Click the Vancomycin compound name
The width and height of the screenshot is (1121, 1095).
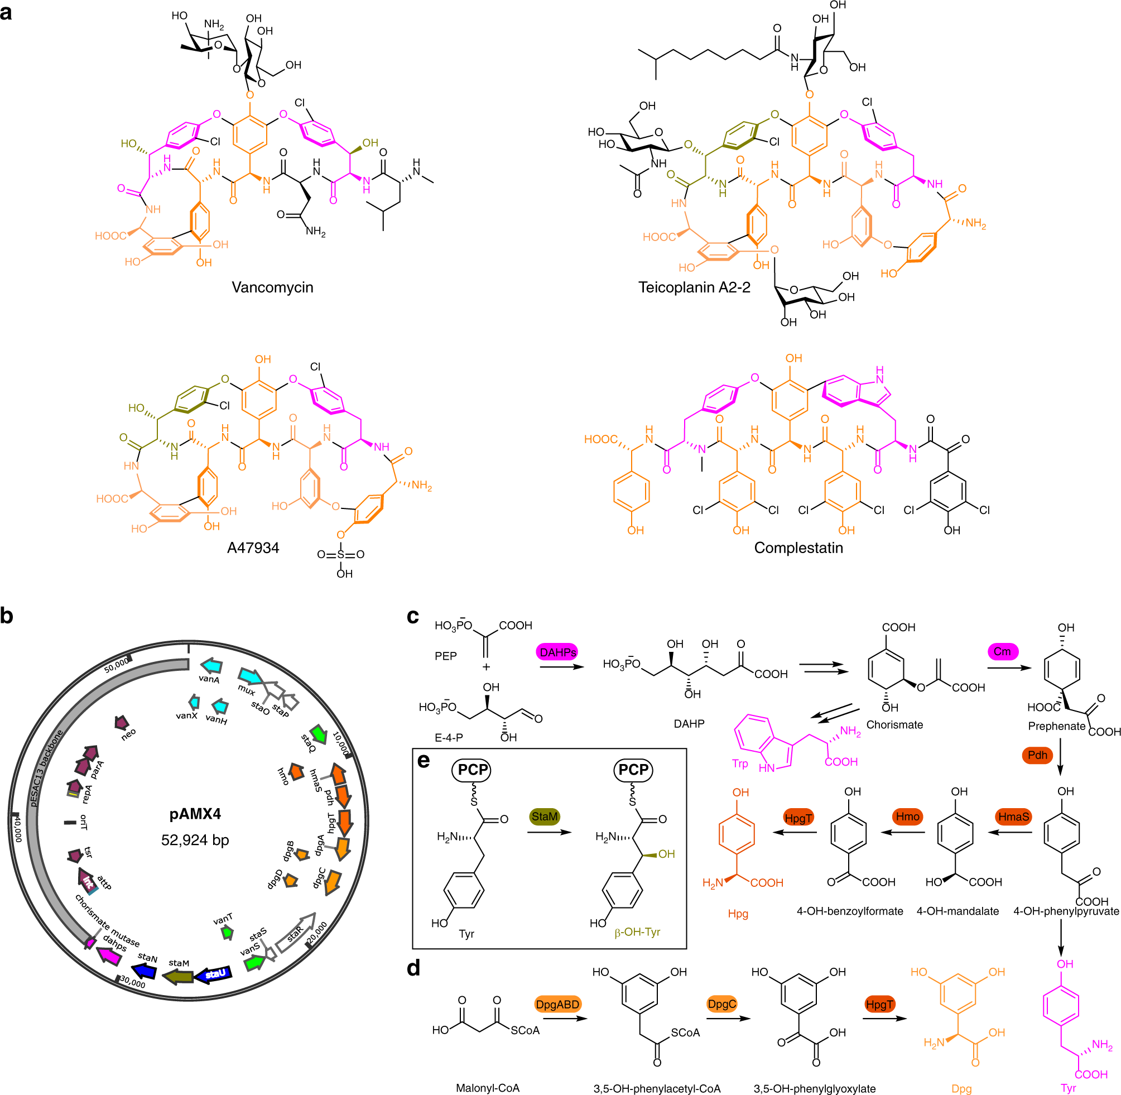pyautogui.click(x=272, y=287)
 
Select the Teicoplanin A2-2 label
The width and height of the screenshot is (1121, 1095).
pyautogui.click(x=694, y=287)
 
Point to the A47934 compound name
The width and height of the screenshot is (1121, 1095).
pyautogui.click(x=253, y=547)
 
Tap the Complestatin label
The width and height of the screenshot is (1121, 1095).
pyautogui.click(x=798, y=547)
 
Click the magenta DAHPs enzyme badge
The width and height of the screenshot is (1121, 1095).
pyautogui.click(x=557, y=652)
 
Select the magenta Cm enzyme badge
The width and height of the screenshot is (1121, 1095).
pyautogui.click(x=1002, y=652)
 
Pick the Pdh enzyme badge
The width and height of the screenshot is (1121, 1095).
pyautogui.click(x=1037, y=755)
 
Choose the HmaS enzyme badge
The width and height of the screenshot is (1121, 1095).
pyautogui.click(x=1013, y=817)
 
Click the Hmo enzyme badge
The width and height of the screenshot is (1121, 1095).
pyautogui.click(x=908, y=817)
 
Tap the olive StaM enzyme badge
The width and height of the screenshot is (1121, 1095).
pyautogui.click(x=544, y=817)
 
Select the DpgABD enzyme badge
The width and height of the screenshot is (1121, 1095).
pyautogui.click(x=557, y=1004)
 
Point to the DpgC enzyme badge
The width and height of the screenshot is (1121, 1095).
pyautogui.click(x=721, y=1004)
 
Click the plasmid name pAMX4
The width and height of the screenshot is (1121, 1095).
pyautogui.click(x=195, y=814)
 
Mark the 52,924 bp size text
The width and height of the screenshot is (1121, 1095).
pyautogui.click(x=195, y=841)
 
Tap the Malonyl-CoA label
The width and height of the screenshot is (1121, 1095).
pyautogui.click(x=488, y=1088)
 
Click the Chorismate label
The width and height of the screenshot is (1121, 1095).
pyautogui.click(x=894, y=724)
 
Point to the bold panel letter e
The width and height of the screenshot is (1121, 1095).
pyautogui.click(x=423, y=761)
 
